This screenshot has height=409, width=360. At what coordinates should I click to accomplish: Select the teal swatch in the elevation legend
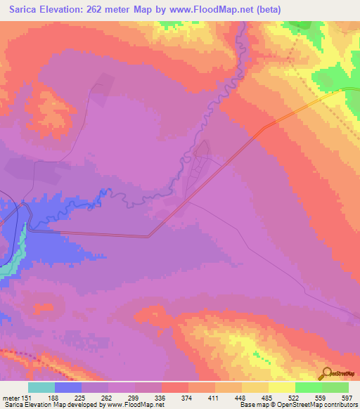click(x=41, y=387)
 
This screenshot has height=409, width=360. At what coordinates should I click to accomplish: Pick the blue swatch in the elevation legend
click(x=67, y=387)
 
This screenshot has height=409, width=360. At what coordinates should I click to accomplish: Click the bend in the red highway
click(x=149, y=237)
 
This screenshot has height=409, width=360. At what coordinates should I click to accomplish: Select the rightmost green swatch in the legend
click(x=335, y=387)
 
